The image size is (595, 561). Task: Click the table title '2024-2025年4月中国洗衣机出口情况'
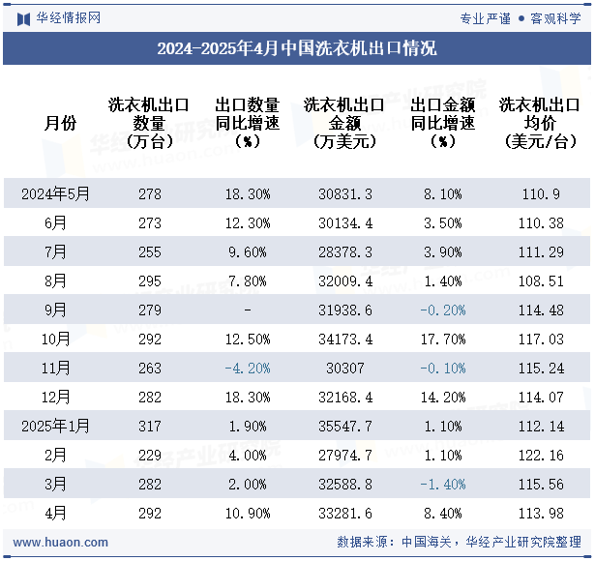tap(297, 48)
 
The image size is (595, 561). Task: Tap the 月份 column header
tap(60, 123)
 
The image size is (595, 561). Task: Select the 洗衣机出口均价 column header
tap(539, 123)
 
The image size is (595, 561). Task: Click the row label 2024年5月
tap(55, 194)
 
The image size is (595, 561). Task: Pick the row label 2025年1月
tap(55, 427)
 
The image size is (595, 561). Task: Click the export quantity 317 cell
tap(150, 427)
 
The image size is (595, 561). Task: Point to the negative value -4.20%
tap(247, 369)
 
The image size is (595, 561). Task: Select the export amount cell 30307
tap(345, 369)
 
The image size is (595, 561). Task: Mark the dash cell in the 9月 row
tap(248, 310)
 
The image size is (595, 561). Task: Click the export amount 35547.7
tap(345, 427)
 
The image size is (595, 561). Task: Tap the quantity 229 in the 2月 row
tap(150, 456)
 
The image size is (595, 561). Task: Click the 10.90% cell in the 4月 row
tap(247, 514)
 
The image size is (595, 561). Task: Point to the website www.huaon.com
tap(60, 543)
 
